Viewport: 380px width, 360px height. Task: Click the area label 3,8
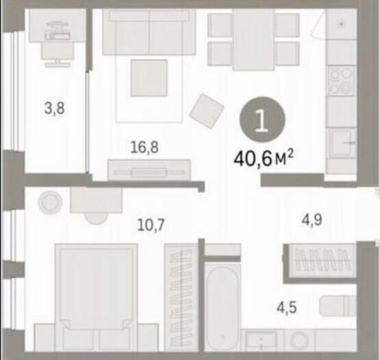click(55, 108)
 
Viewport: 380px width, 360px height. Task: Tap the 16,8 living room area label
click(144, 147)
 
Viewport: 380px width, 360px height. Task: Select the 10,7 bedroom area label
click(151, 224)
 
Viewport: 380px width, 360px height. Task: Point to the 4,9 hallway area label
click(312, 220)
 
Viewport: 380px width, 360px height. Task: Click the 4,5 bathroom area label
click(287, 308)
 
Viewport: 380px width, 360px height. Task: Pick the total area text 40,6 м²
click(264, 158)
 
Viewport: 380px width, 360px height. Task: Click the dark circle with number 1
click(262, 119)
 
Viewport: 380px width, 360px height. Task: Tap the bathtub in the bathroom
click(223, 307)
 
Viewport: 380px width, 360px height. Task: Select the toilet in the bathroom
click(338, 305)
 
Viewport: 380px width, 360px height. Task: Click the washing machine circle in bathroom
click(299, 340)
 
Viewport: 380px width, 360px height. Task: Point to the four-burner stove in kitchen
click(341, 81)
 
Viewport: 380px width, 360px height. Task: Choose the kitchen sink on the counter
click(341, 143)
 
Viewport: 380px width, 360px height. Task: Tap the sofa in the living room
click(149, 32)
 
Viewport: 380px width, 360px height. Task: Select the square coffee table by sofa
click(149, 78)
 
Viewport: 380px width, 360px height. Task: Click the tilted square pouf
click(207, 111)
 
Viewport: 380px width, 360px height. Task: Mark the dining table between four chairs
click(253, 39)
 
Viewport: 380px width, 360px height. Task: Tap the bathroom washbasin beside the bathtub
click(261, 340)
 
